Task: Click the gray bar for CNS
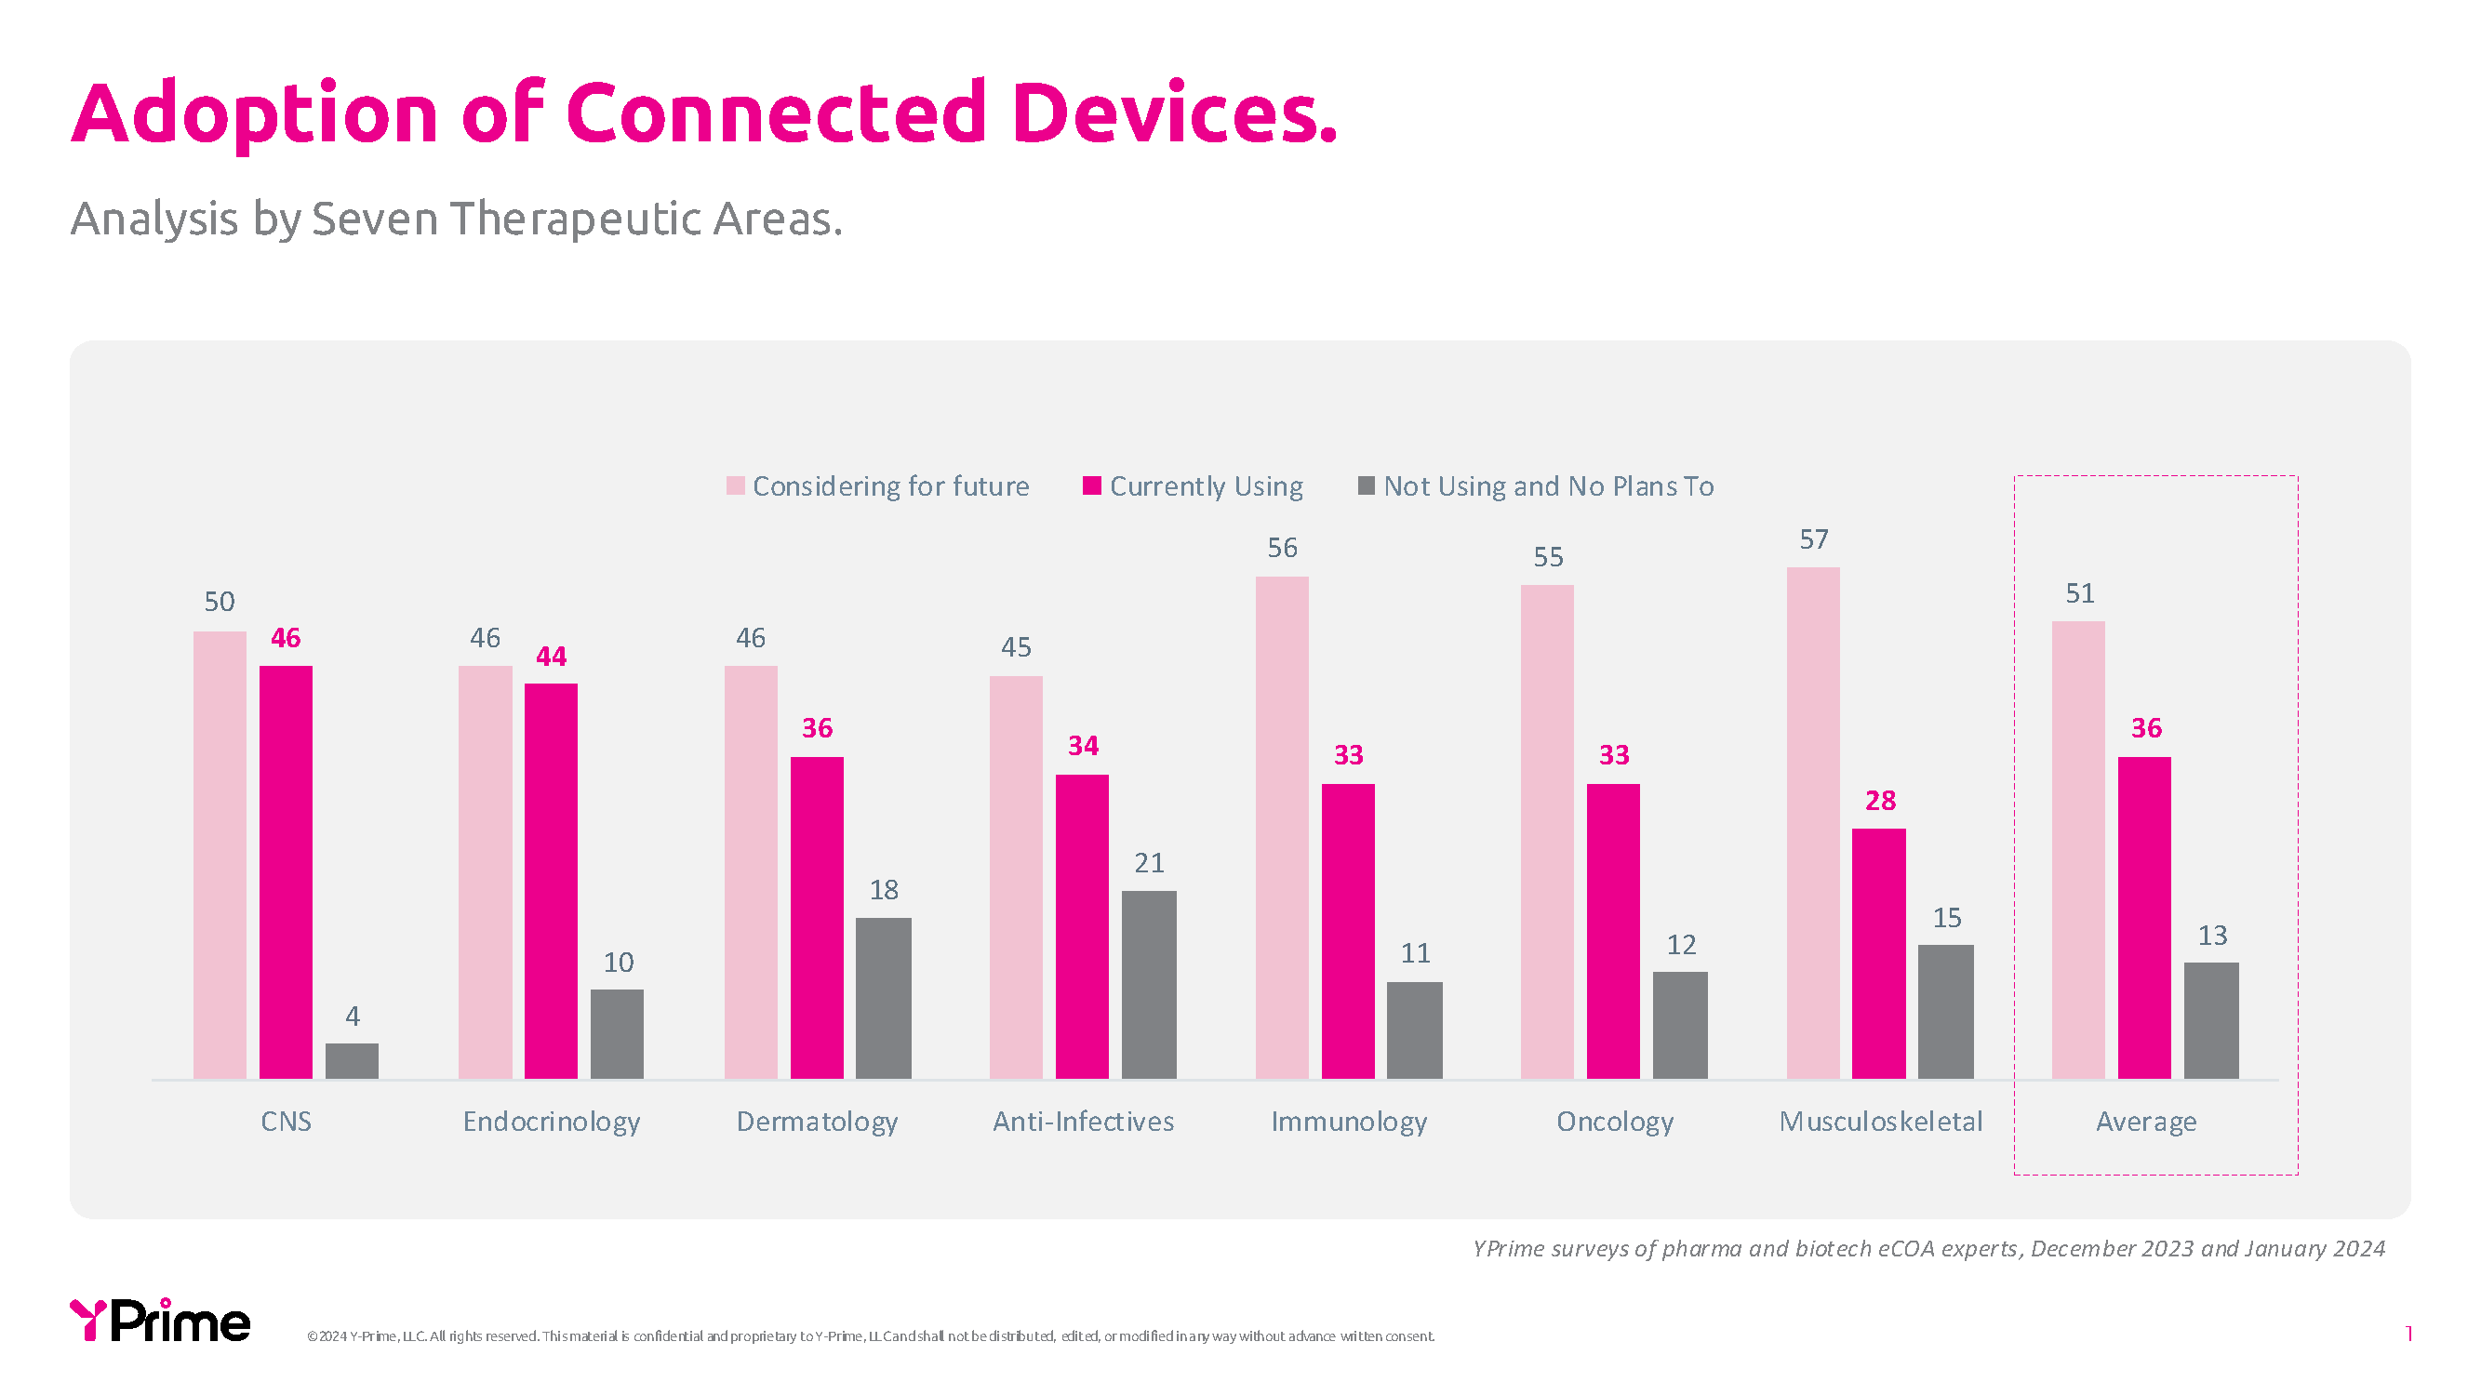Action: coord(352,1061)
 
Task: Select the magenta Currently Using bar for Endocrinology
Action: coord(551,881)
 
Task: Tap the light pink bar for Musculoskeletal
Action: coord(1812,823)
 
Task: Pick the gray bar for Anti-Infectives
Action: coord(1148,984)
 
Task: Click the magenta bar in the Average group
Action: coord(2144,918)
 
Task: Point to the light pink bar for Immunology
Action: coord(1282,828)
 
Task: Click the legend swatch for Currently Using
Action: coord(1091,486)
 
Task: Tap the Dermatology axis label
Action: coord(817,1122)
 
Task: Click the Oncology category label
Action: coord(1614,1122)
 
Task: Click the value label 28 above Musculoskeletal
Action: coord(1880,801)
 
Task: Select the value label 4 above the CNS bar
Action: coord(353,1016)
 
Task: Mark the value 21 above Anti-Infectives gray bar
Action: coord(1149,864)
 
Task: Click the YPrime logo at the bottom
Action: coord(160,1321)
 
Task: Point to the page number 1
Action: coord(2408,1335)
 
